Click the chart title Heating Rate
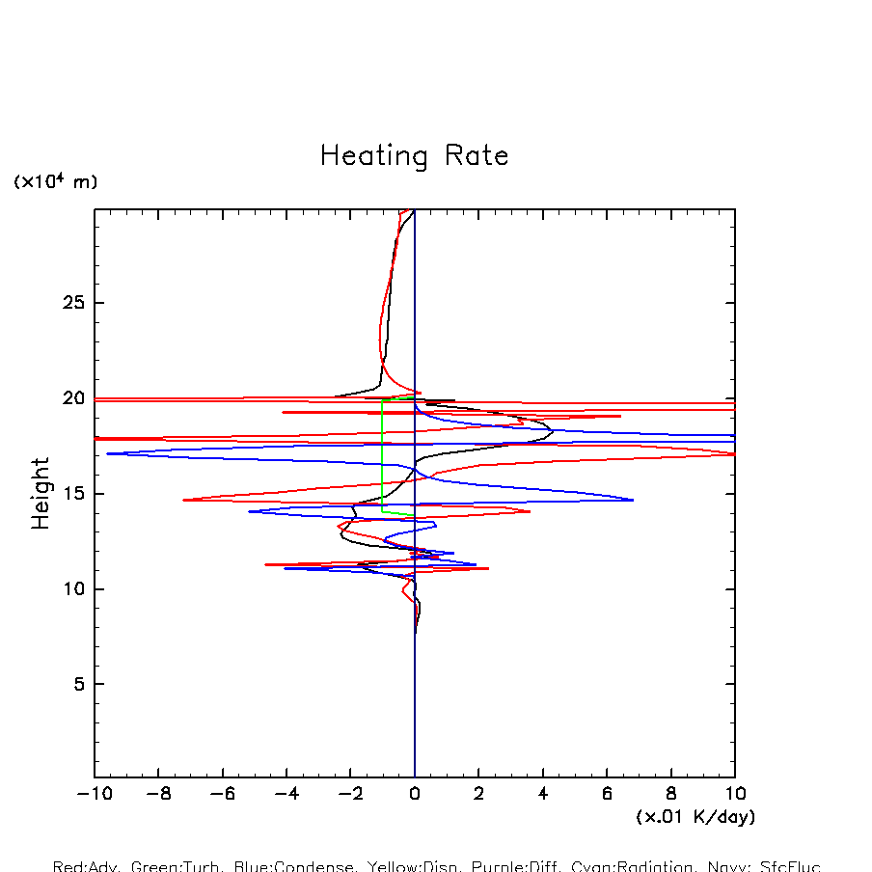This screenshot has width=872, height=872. click(414, 156)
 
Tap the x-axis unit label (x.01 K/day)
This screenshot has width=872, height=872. click(695, 817)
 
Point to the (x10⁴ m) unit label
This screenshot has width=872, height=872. click(55, 181)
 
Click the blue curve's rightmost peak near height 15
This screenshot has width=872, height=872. click(633, 500)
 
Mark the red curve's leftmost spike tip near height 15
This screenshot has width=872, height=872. click(183, 500)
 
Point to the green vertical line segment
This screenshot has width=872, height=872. click(383, 453)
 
